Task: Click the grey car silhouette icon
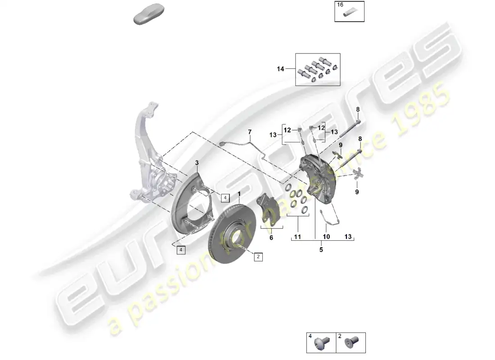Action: (x=149, y=14)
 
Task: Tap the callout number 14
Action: (x=280, y=69)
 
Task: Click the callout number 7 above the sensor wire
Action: (x=250, y=132)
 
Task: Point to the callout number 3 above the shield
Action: (x=197, y=163)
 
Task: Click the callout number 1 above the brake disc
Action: (x=239, y=193)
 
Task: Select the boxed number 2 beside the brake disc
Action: (x=258, y=257)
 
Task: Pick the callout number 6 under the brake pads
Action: (x=271, y=238)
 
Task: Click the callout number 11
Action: (x=297, y=237)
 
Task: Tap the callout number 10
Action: (x=326, y=237)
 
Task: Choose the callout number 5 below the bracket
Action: (x=321, y=250)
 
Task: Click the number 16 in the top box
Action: (x=340, y=5)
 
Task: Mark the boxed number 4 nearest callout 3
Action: (x=225, y=198)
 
